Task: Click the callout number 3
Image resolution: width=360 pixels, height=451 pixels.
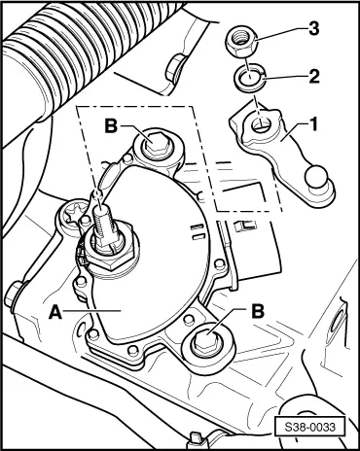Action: [313, 29]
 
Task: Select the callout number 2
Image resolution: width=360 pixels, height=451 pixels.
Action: [313, 77]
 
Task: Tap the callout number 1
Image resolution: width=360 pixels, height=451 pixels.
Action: [313, 125]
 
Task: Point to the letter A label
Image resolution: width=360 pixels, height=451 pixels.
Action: [54, 313]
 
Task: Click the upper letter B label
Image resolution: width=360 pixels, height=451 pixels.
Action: [111, 126]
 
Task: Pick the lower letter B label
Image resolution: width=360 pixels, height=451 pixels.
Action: [258, 311]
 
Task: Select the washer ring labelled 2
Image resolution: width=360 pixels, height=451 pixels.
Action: [249, 80]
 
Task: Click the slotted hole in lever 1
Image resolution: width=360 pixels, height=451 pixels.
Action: [261, 124]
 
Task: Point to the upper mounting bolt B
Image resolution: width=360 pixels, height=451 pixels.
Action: [158, 145]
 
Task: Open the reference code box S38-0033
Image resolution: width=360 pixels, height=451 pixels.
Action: [308, 427]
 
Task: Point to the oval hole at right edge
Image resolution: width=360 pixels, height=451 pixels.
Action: [336, 323]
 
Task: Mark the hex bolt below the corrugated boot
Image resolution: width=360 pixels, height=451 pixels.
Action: [175, 66]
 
